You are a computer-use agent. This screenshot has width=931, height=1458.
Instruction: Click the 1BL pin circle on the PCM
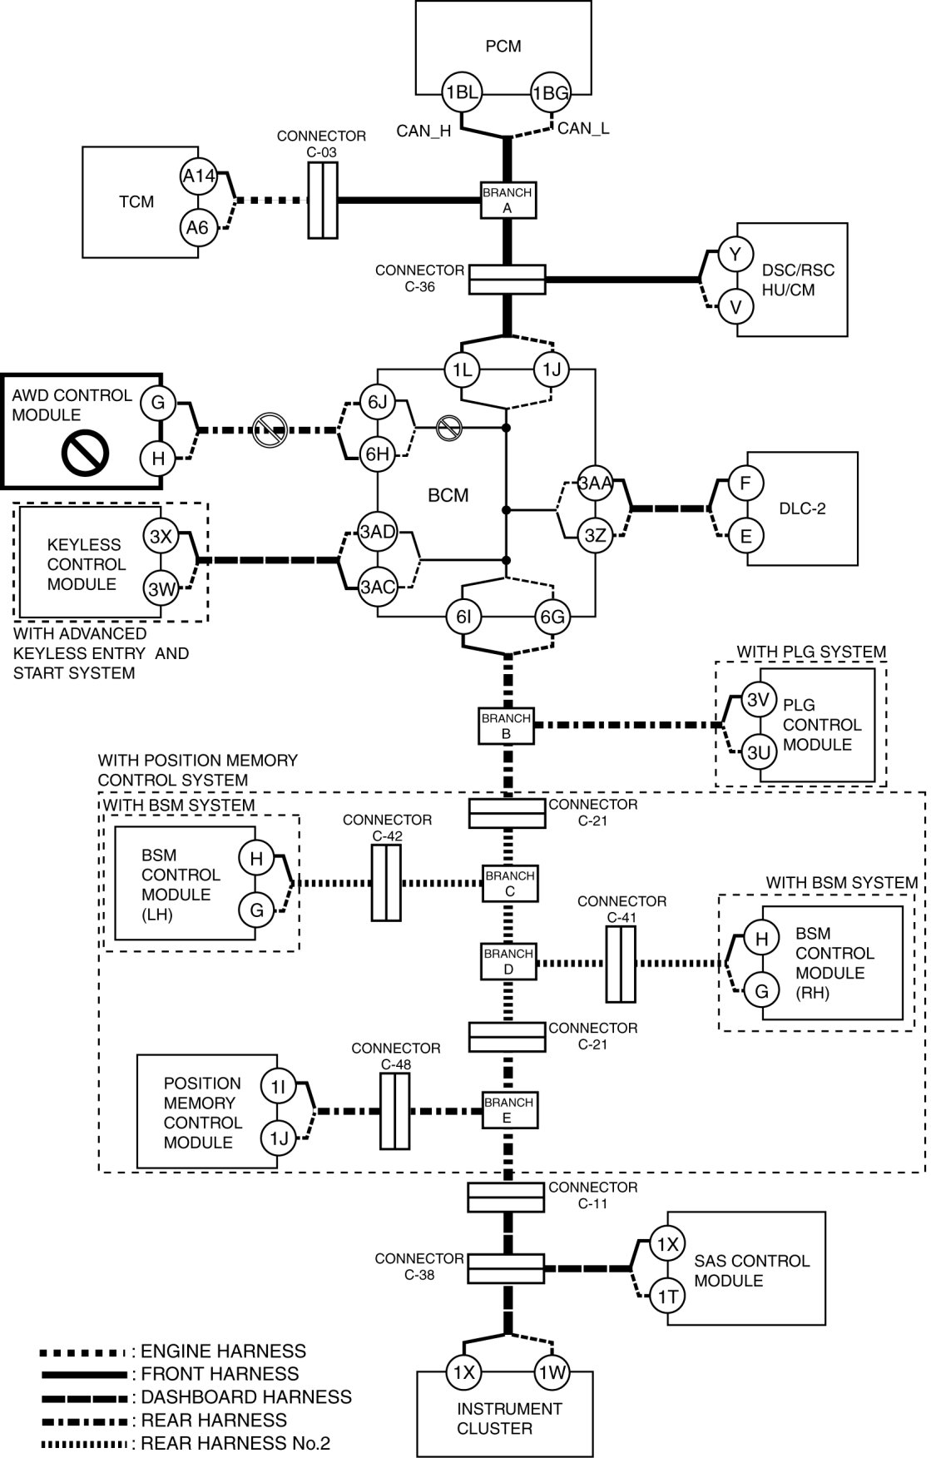(462, 92)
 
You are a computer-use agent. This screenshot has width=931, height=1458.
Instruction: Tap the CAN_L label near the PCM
(583, 128)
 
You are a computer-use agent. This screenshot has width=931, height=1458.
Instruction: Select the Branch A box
(508, 201)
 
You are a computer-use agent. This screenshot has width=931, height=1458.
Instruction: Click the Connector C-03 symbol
(322, 201)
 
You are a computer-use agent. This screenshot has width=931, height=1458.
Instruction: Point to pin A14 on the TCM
(199, 176)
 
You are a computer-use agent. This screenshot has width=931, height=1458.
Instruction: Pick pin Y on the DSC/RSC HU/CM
(735, 255)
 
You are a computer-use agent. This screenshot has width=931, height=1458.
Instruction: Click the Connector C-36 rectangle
(507, 280)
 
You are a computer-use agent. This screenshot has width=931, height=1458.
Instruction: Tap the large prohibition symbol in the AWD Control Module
(85, 453)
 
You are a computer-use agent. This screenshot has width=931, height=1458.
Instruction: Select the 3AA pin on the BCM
(596, 484)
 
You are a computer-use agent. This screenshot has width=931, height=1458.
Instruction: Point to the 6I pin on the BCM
(463, 617)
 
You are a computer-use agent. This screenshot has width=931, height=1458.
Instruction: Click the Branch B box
(505, 726)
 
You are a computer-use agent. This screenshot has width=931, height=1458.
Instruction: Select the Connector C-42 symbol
(386, 882)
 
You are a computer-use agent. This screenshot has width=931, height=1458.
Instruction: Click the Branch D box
(508, 961)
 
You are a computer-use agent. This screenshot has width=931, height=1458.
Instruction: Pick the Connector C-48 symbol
(394, 1110)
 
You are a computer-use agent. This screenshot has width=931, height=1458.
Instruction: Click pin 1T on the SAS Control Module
(666, 1296)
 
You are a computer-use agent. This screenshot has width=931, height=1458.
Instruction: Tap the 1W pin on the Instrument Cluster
(551, 1372)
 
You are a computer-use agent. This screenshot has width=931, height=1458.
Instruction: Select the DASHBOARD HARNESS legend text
(246, 1397)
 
